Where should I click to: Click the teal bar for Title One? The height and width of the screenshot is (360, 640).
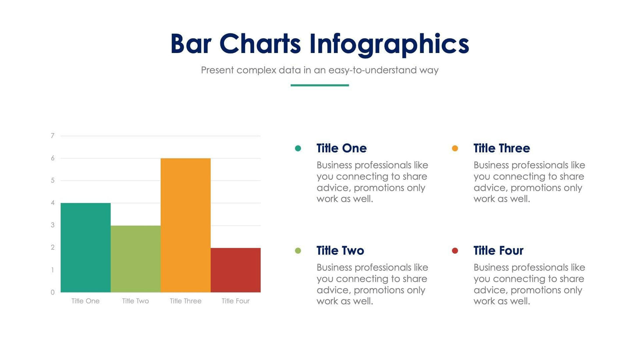[x=85, y=247]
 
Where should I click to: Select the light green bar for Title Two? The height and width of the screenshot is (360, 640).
[x=135, y=259]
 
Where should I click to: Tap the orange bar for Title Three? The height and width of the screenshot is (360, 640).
[x=185, y=225]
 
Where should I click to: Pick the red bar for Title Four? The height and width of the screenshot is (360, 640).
[x=235, y=270]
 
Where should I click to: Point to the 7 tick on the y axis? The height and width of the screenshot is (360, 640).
[x=53, y=135]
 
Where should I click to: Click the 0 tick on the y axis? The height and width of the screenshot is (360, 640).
[x=53, y=292]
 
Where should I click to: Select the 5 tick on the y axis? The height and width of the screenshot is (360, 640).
[x=53, y=180]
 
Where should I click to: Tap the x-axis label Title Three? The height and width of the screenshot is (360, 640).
[x=185, y=301]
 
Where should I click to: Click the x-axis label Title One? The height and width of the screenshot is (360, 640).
[x=85, y=301]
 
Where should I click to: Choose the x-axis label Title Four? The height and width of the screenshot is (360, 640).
[x=235, y=301]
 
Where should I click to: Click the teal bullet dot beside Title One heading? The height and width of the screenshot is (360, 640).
[x=298, y=148]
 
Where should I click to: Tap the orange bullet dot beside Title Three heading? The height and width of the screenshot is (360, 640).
[x=455, y=148]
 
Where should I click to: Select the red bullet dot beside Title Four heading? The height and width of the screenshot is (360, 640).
[x=455, y=250]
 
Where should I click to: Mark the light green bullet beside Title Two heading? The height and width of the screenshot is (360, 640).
[x=298, y=250]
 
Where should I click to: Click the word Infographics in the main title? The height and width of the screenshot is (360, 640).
[x=389, y=44]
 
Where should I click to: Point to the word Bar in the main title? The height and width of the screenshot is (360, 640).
[x=191, y=44]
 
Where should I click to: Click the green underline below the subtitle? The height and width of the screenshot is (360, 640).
[x=320, y=85]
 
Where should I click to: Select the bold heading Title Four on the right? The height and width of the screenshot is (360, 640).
[x=498, y=250]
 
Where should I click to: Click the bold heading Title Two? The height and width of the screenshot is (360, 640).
[x=340, y=250]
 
